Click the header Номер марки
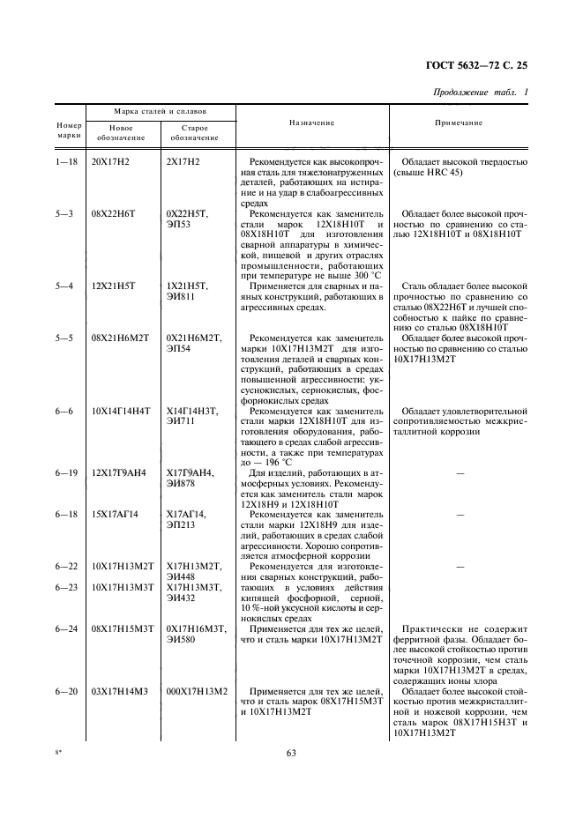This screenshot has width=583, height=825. pyautogui.click(x=69, y=130)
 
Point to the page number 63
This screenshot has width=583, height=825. pyautogui.click(x=292, y=752)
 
